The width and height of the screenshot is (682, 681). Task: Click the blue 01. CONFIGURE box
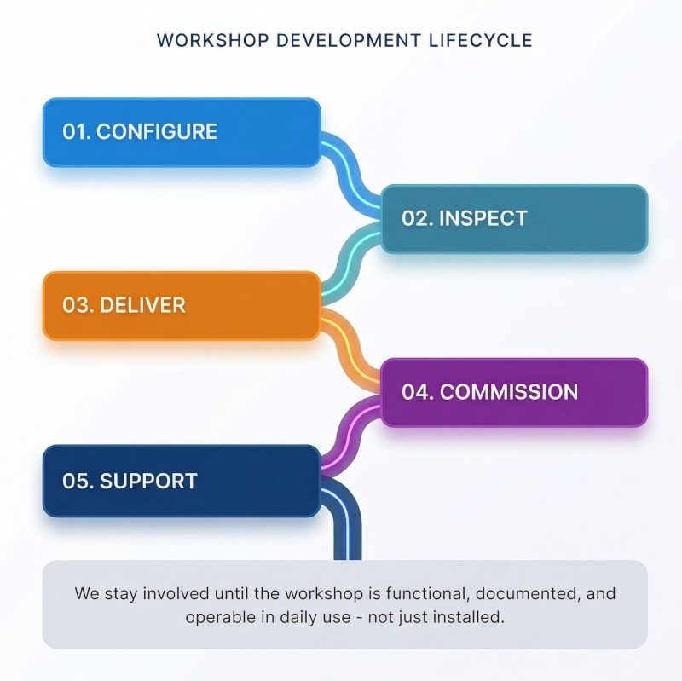pyautogui.click(x=182, y=132)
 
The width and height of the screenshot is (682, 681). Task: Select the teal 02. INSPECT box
pyautogui.click(x=513, y=218)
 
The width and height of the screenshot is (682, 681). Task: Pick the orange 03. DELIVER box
pyautogui.click(x=182, y=305)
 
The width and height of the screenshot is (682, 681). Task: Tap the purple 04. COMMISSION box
pyautogui.click(x=513, y=392)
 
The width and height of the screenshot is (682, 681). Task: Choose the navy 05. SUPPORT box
pyautogui.click(x=182, y=481)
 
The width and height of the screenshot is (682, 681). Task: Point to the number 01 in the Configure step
pyautogui.click(x=74, y=132)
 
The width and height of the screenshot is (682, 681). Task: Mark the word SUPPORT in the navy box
pyautogui.click(x=148, y=481)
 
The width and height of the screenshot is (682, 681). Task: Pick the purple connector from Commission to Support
pyautogui.click(x=350, y=436)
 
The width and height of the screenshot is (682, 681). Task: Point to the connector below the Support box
pyautogui.click(x=347, y=528)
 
